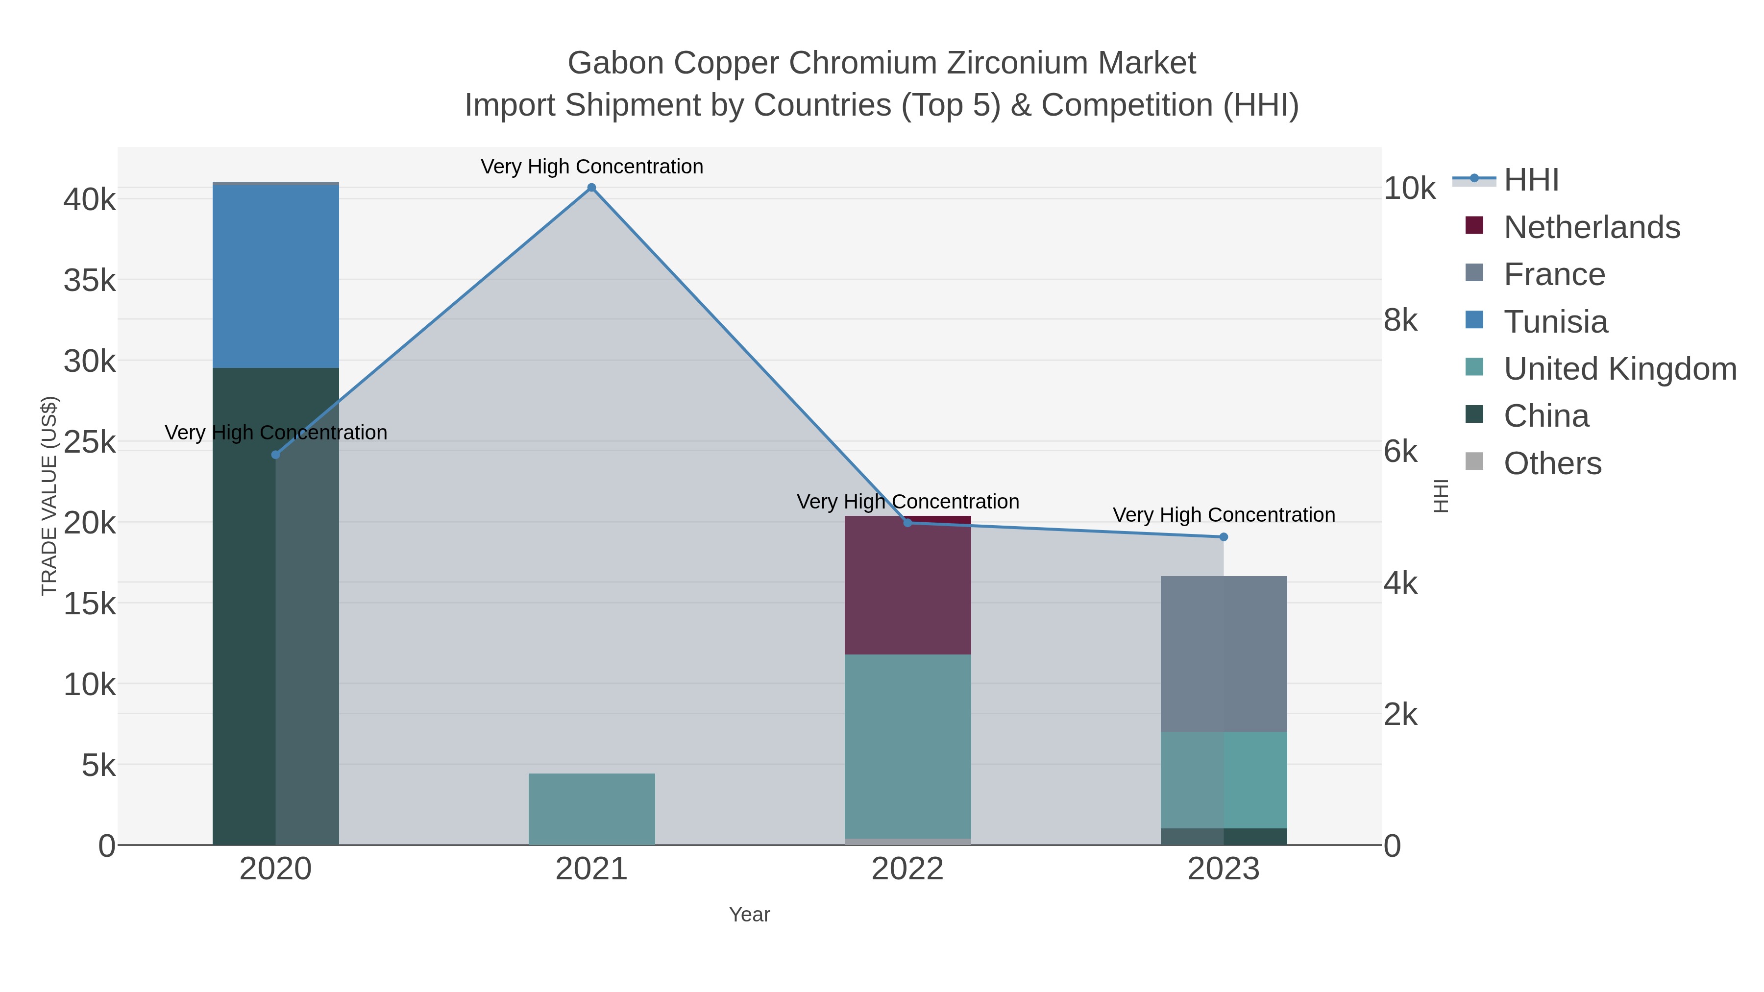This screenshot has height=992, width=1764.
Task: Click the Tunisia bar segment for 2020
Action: point(275,277)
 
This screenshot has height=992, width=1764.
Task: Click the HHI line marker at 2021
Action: point(591,188)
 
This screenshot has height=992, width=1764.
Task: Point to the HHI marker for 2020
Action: point(275,455)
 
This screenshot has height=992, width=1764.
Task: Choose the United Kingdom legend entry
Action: point(1619,369)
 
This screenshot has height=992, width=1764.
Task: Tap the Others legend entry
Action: point(1552,463)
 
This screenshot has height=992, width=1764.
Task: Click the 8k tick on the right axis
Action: point(1400,320)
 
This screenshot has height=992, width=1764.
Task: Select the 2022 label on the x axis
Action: point(907,870)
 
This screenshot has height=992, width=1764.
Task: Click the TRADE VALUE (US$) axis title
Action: point(49,496)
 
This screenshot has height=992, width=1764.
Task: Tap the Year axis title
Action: point(749,915)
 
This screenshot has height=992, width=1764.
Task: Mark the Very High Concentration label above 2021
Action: point(591,167)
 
